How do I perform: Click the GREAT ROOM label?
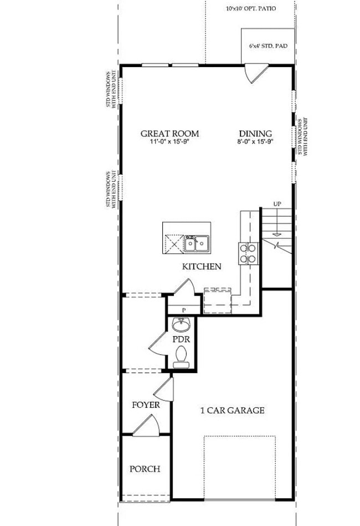pos(169,134)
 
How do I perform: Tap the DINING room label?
pos(255,134)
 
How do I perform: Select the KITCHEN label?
pos(202,267)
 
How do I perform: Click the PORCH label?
pos(145,469)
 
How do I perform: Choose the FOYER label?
pos(146,405)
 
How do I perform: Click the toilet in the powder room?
pos(181,356)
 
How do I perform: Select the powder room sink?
pos(181,324)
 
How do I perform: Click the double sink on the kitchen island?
pos(197,243)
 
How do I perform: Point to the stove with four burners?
pos(248,253)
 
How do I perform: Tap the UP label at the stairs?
pos(277,205)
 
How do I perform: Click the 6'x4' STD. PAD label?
pos(268,47)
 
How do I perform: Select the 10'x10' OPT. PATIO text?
pos(251,9)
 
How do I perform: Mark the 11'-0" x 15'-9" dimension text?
pos(169,142)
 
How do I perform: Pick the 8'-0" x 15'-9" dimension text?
pos(255,142)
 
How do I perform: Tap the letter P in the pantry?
pos(183,310)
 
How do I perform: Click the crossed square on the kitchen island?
pos(174,242)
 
